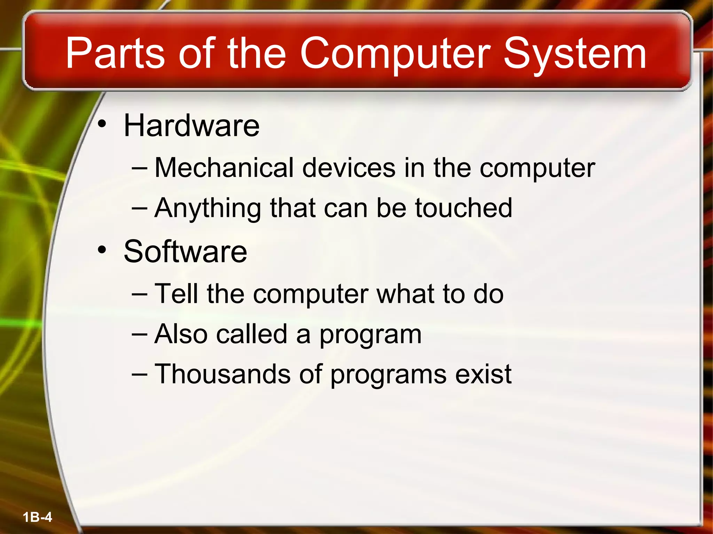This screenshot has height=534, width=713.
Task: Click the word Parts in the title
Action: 115,54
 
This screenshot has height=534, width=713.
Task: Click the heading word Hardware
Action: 191,126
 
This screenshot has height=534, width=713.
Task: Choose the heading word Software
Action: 185,251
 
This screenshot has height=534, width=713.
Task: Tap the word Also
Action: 181,334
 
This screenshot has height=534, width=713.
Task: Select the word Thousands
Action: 222,374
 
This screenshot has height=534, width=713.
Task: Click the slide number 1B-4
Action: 37,517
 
